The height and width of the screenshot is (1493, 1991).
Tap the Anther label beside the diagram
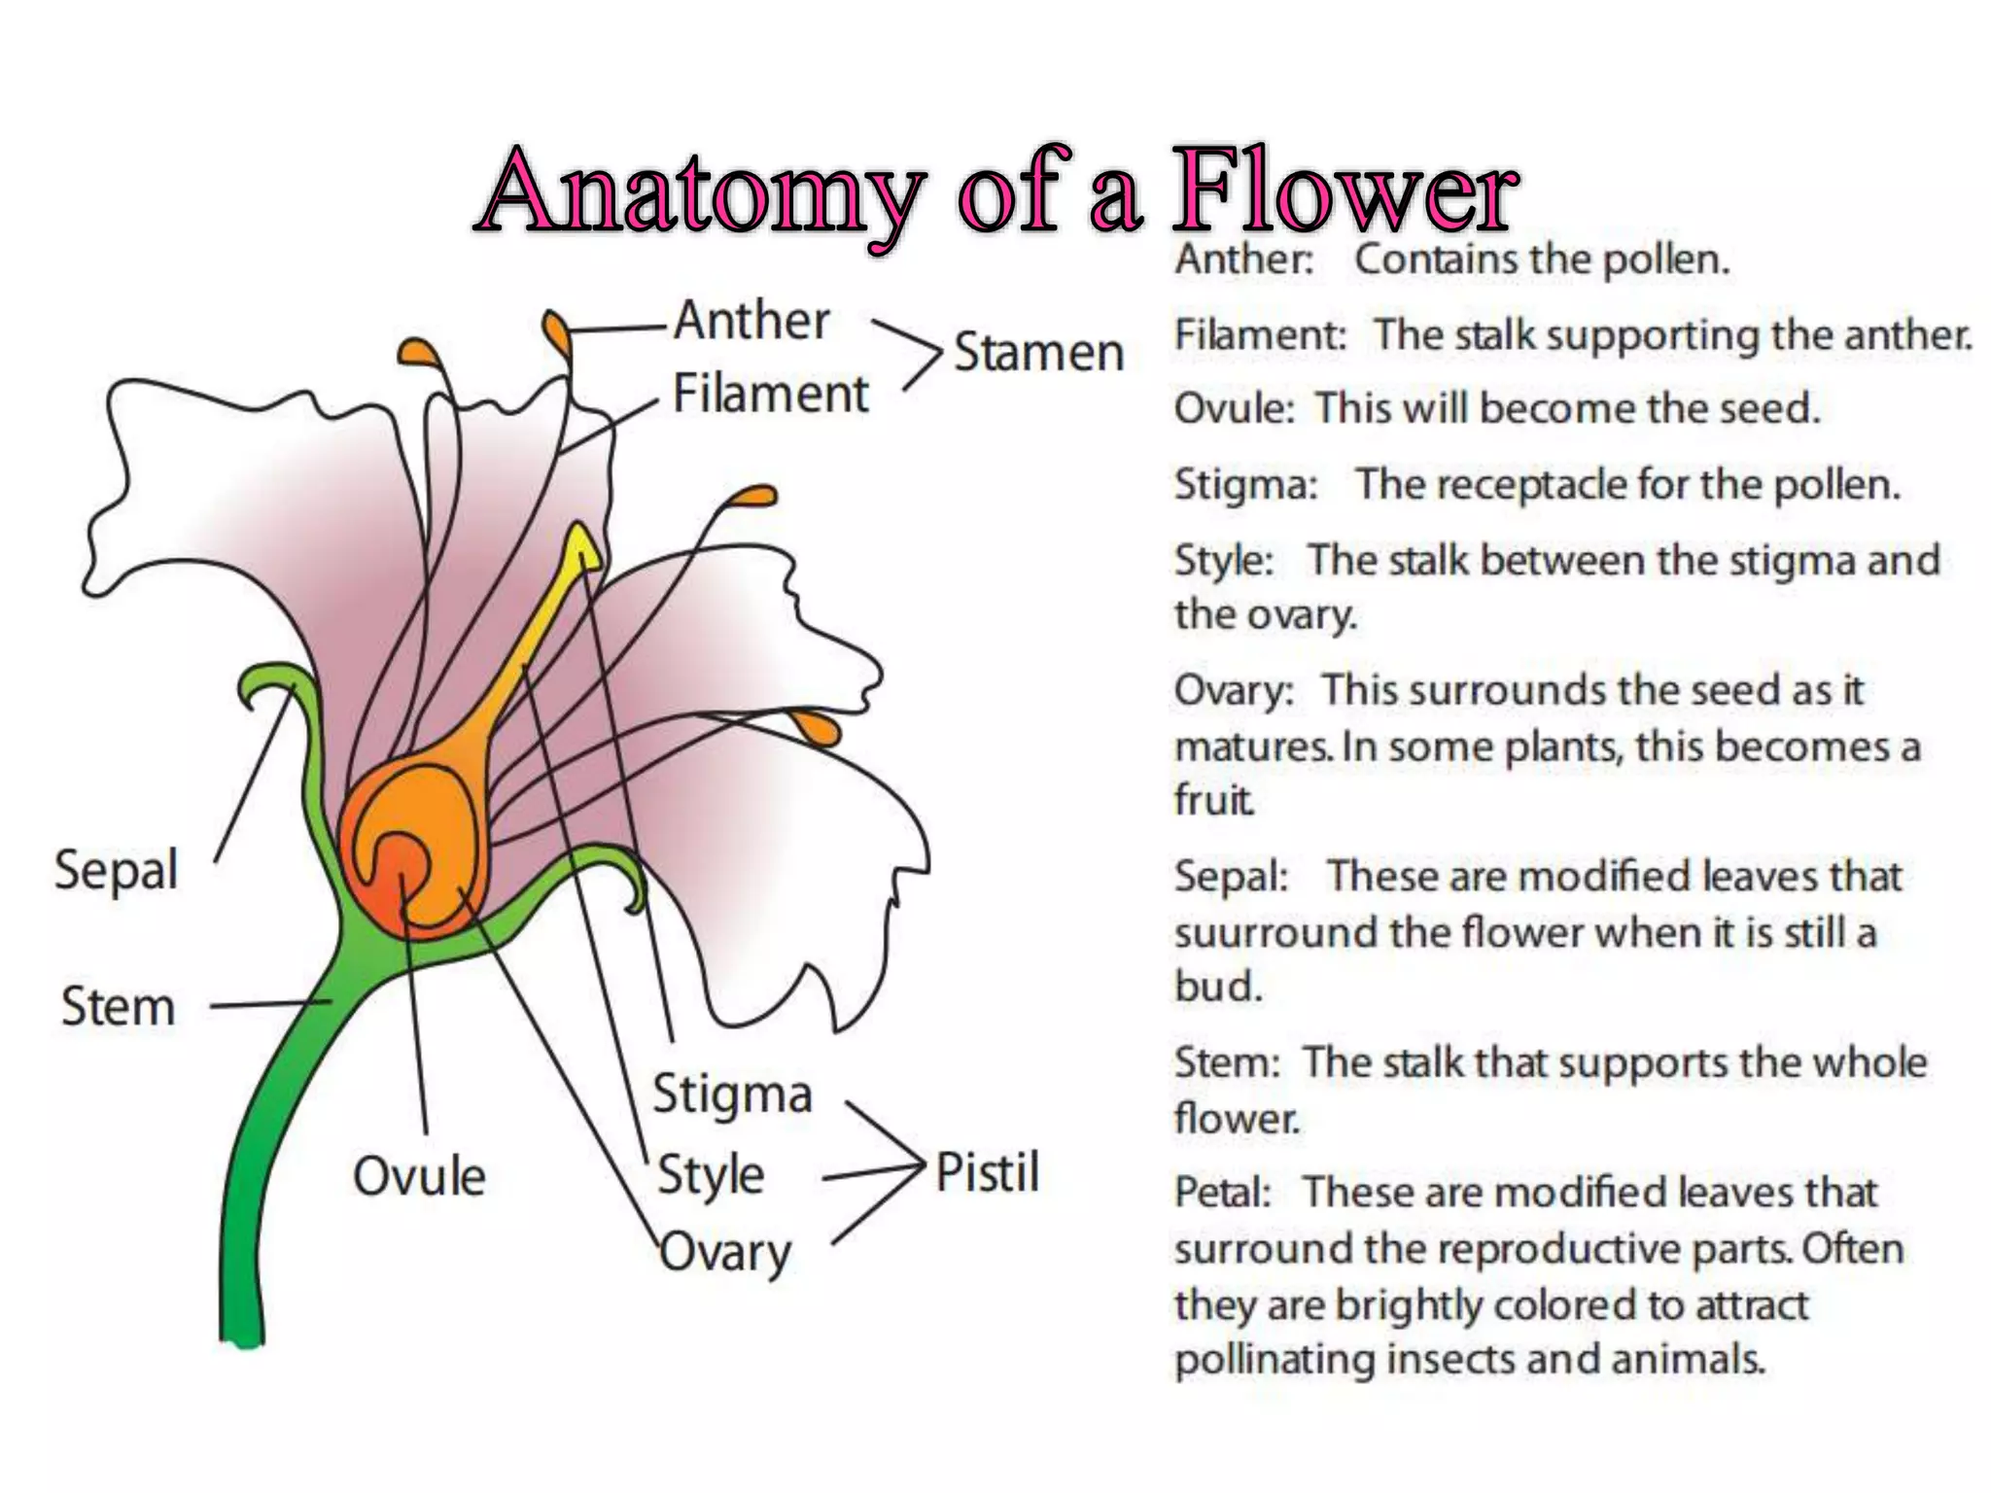pos(752,321)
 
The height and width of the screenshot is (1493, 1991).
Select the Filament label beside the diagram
pos(770,395)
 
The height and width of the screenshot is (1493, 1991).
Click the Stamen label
pos(1038,352)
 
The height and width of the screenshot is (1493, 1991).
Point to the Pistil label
pos(987,1171)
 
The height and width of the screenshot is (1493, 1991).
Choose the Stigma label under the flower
pos(732,1094)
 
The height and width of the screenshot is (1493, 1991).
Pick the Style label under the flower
pos(711,1175)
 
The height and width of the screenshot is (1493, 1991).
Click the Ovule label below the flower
pos(419,1177)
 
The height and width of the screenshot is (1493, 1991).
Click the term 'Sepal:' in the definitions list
pos(1231,876)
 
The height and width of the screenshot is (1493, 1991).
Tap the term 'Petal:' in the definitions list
pos(1223,1193)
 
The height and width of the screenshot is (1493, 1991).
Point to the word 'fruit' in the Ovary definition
pos(1213,801)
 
